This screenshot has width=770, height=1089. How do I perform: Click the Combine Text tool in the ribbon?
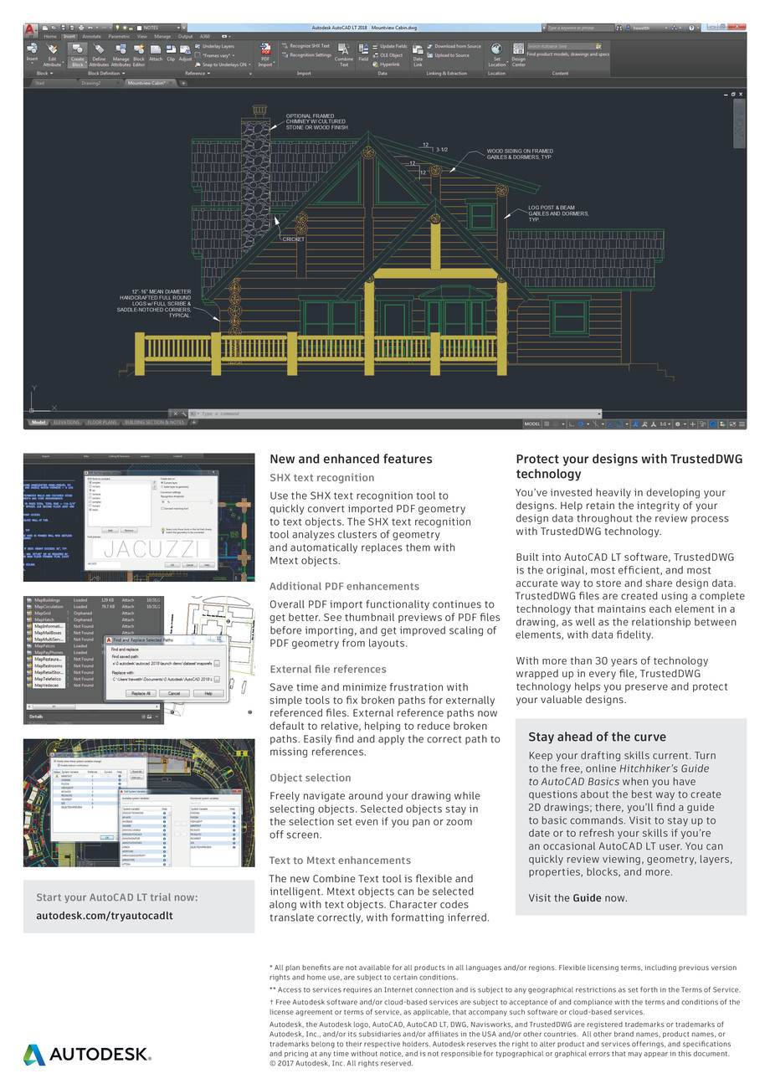pos(343,55)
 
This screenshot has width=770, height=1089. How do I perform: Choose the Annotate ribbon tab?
pos(91,36)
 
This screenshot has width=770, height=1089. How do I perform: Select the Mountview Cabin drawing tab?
pos(146,83)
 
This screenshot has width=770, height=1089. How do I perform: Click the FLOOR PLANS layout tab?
pos(103,423)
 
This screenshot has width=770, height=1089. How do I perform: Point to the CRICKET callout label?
pos(293,239)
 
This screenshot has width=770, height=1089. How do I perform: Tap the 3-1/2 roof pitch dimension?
pos(441,150)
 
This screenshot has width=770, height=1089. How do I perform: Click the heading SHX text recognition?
pos(321,477)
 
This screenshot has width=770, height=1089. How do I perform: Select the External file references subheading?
pos(327,669)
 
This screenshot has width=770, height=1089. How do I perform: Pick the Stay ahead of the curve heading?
pos(597,737)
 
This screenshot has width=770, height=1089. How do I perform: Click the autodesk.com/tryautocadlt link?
pos(105,915)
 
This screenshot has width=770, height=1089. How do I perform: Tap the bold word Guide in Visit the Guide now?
pos(587,897)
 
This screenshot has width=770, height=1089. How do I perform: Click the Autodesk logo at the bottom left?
pos(87,1055)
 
